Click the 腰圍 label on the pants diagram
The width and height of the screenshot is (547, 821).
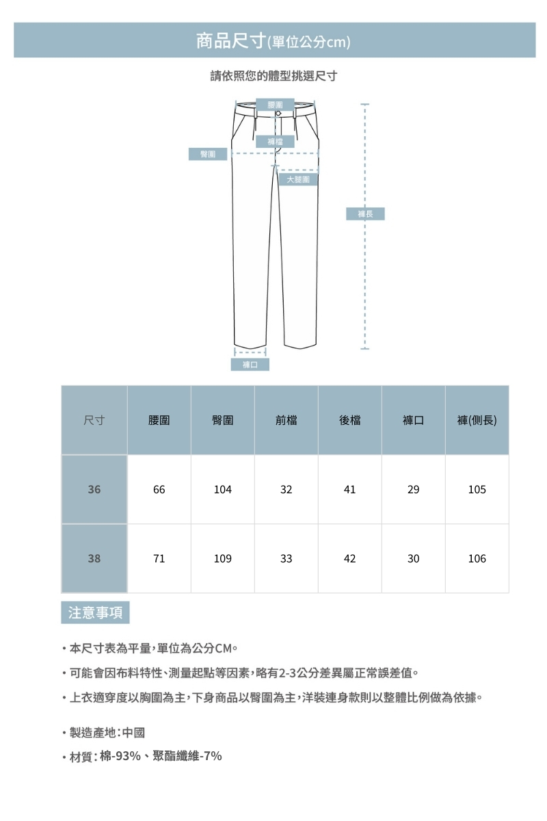[x=276, y=105]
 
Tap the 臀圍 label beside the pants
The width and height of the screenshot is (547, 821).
[x=208, y=154]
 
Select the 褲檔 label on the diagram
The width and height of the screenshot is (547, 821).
[x=276, y=142]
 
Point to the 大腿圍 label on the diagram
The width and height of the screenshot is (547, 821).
[x=298, y=179]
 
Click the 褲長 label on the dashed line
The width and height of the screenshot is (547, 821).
[x=366, y=214]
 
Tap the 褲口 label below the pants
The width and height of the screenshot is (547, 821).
[x=250, y=365]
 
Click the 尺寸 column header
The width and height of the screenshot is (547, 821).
[x=94, y=420]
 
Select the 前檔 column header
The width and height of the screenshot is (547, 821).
[x=286, y=420]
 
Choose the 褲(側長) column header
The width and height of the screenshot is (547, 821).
[x=477, y=420]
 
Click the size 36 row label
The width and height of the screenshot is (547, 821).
[x=94, y=490]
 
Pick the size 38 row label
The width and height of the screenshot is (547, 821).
[x=94, y=559]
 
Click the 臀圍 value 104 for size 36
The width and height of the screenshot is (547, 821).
[x=222, y=490]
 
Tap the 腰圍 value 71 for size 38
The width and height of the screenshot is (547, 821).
[x=159, y=559]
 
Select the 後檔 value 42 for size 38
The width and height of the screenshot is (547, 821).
[x=349, y=559]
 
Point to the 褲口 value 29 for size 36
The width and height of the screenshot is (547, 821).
[x=413, y=490]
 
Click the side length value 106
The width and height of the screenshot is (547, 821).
[x=477, y=559]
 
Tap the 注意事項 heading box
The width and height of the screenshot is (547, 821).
[x=95, y=612]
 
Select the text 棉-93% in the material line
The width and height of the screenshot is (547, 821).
[x=120, y=756]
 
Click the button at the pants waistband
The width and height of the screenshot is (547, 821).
[x=278, y=114]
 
